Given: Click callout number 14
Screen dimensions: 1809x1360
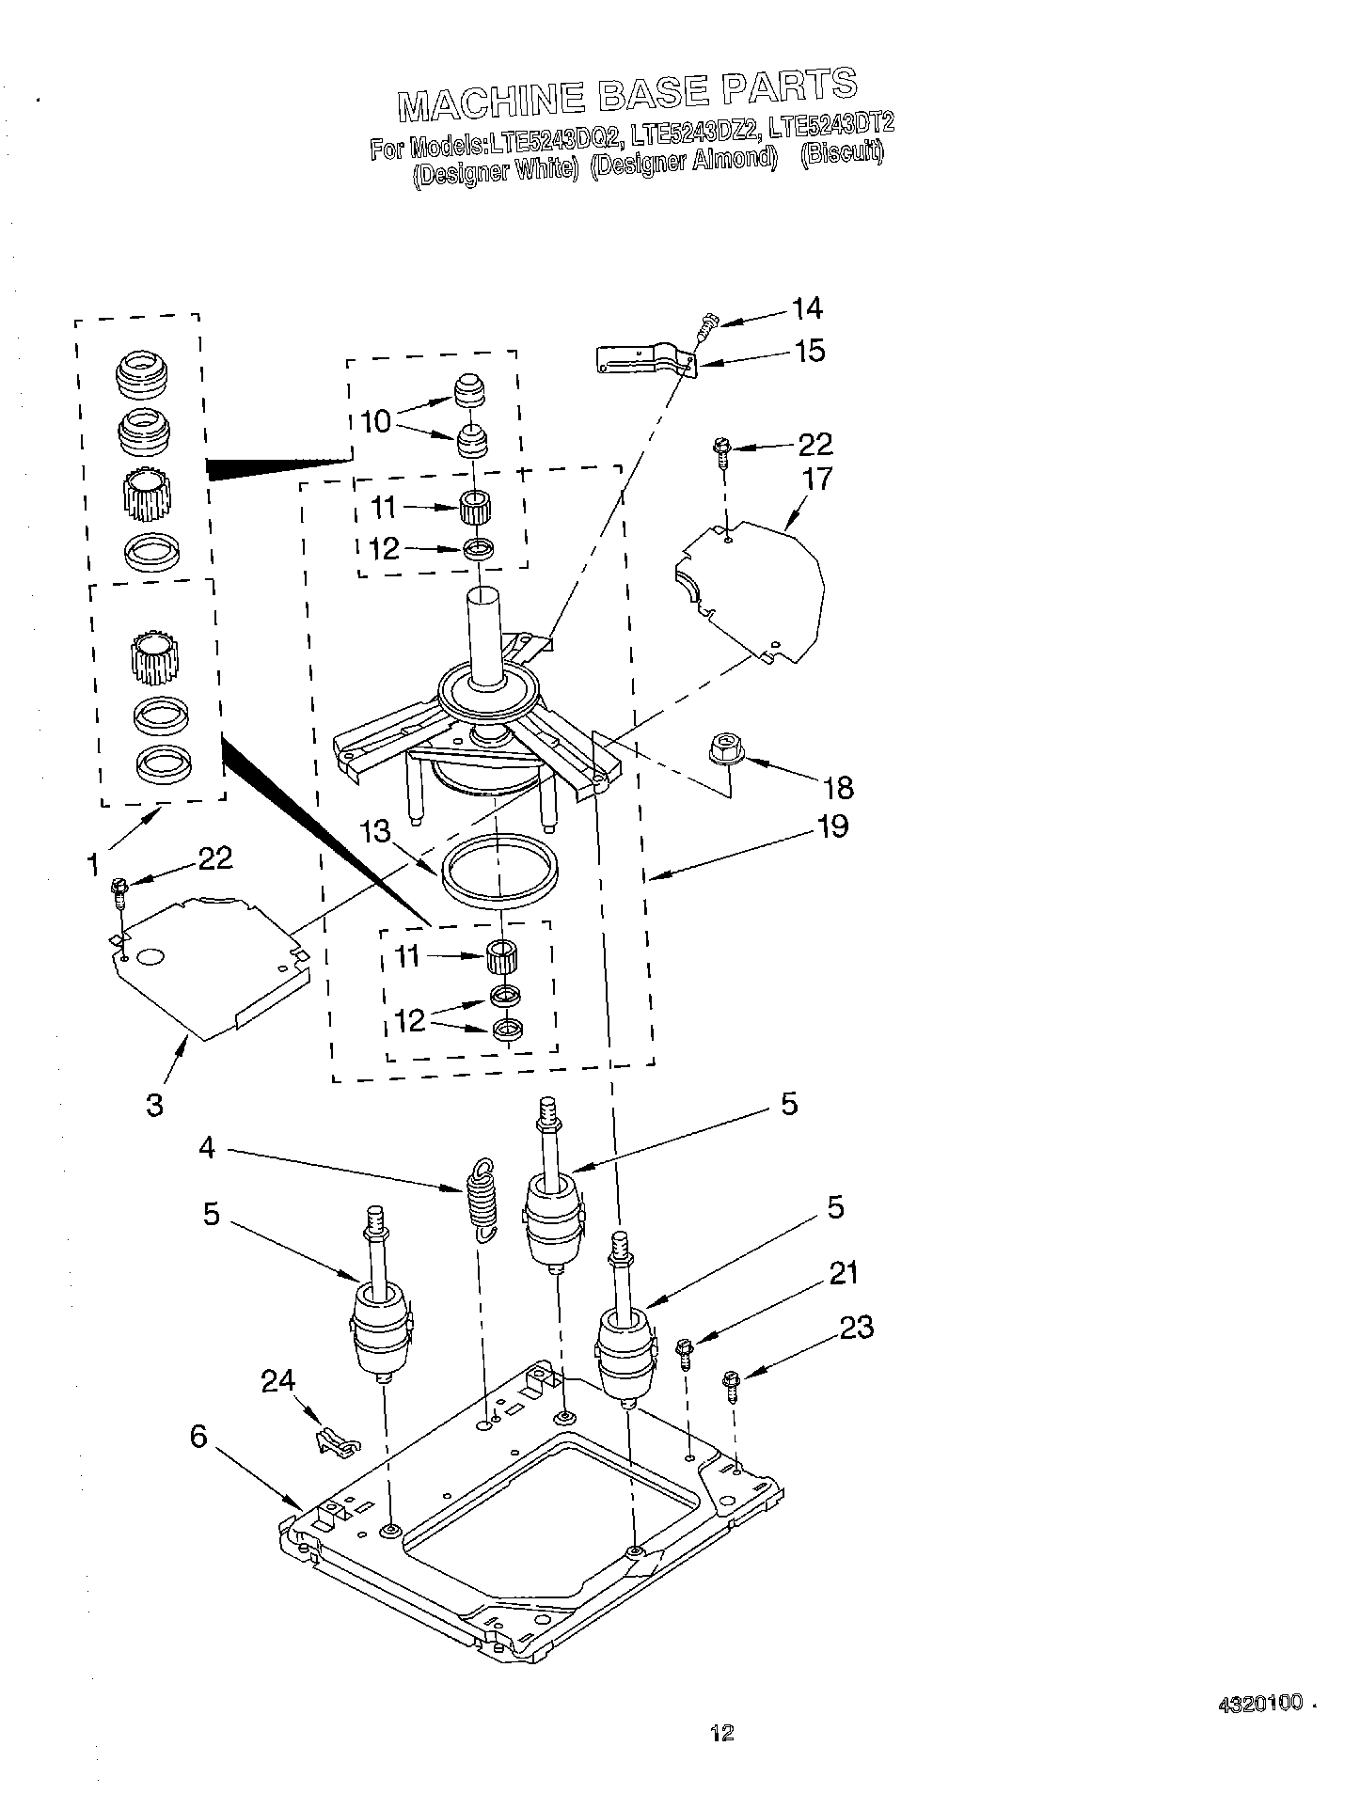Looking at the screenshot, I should tap(807, 308).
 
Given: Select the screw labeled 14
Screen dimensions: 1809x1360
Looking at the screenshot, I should tap(704, 325).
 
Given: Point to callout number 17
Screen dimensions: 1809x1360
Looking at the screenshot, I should tap(818, 480).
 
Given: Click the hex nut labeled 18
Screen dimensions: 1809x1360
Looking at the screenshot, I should tap(726, 750).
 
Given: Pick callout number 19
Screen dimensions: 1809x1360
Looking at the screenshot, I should tap(832, 826).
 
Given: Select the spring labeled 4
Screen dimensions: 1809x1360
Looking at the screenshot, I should tap(482, 1201).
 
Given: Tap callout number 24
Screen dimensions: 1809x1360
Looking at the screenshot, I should tap(277, 1380).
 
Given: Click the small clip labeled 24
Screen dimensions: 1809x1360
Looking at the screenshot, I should tap(336, 1439).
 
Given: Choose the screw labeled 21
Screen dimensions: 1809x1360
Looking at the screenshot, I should tap(685, 1351).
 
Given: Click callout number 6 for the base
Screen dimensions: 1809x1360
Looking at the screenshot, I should tap(198, 1438).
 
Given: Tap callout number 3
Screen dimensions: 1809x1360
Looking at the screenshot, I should tap(154, 1105).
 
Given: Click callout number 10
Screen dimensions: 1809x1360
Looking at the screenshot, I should tap(375, 420).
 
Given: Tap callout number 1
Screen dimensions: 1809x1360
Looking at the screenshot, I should tap(92, 864).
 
